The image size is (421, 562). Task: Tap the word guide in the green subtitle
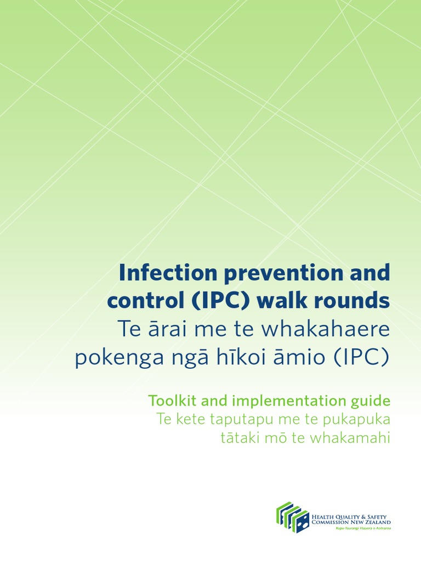373,401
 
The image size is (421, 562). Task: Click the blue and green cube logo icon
293,517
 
